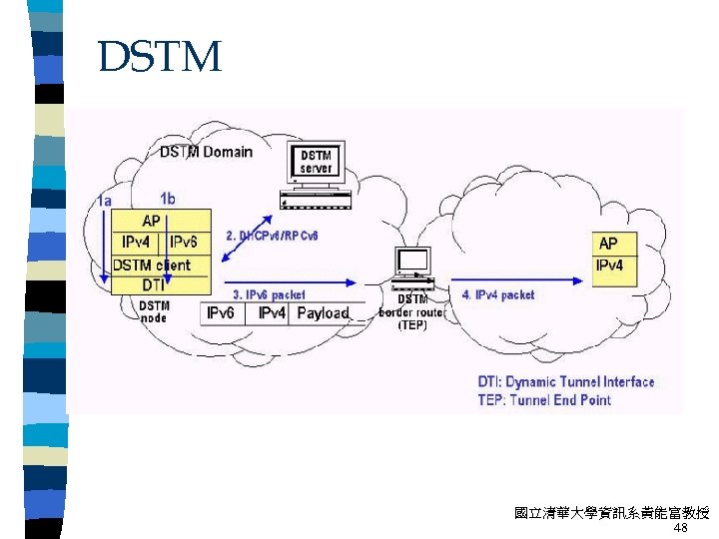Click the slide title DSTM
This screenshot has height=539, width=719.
160,58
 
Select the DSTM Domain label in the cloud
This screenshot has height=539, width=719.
206,152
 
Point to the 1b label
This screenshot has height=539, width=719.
168,199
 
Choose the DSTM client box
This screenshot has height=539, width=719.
151,265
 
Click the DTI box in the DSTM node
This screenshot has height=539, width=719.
153,285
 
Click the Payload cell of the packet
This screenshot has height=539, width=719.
324,313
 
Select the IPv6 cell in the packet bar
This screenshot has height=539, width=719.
221,313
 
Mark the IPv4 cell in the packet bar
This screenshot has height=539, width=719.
272,313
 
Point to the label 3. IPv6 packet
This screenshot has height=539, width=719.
270,294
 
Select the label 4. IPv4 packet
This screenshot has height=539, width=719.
498,294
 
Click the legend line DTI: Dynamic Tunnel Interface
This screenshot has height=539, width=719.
566,381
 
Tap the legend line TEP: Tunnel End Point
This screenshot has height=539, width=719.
544,399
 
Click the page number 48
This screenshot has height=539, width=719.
681,528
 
